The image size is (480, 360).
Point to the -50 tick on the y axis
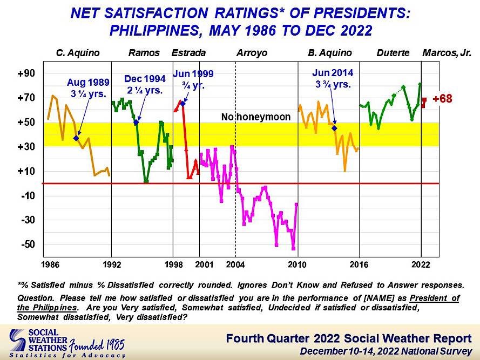tap(28, 244)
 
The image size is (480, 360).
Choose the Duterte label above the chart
tap(393, 53)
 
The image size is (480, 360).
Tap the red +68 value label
tap(442, 99)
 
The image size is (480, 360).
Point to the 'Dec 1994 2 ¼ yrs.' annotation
tap(143, 85)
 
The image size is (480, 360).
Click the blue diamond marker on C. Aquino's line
tap(76, 138)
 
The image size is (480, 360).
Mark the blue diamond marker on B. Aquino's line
tap(334, 128)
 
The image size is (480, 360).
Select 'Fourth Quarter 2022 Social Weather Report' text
tap(348, 338)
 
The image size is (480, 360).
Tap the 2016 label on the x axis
tap(359, 264)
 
